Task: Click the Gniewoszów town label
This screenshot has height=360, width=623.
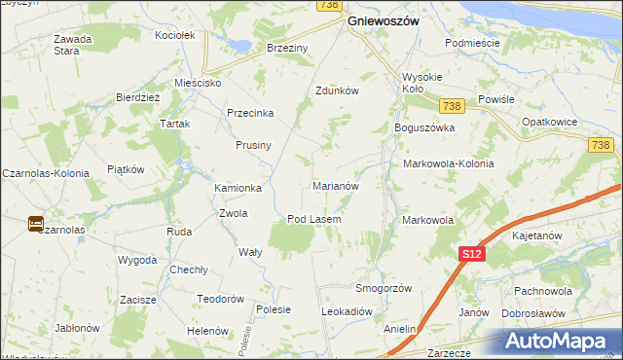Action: pos(384,21)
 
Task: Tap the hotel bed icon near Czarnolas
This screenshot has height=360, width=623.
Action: pos(35,223)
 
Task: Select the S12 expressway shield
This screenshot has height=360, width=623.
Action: pos(471,254)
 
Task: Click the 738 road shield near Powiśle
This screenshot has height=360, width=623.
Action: pos(450,106)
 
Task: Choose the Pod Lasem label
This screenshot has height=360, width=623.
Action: pos(313,219)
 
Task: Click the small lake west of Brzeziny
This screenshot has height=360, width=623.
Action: pos(237,44)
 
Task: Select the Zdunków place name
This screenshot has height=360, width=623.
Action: pos(338,90)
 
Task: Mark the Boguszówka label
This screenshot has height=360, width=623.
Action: pos(424,127)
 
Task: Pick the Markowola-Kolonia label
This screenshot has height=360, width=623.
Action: pos(448,163)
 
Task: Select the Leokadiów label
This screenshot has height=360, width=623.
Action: pos(348,311)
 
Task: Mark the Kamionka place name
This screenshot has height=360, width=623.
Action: pos(238,188)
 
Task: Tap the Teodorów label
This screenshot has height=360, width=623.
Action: pos(219,299)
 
